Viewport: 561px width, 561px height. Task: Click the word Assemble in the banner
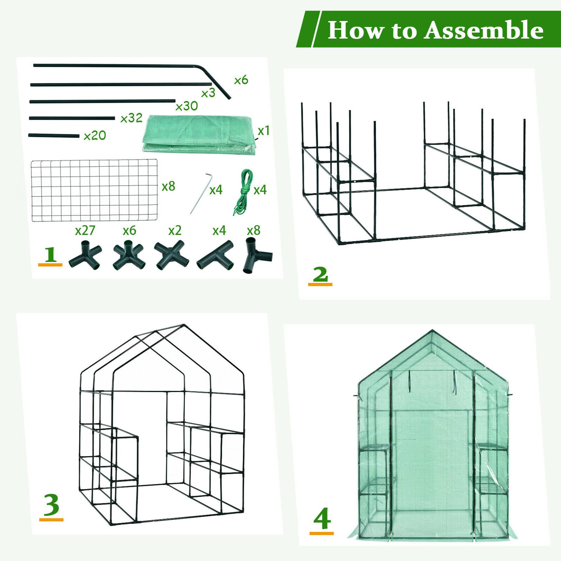(483, 31)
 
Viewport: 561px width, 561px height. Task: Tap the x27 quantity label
(85, 230)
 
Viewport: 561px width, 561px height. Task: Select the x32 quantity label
(131, 118)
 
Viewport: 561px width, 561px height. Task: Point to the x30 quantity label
(187, 106)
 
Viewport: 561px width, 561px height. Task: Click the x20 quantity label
(95, 135)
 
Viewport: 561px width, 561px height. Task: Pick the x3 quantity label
(208, 93)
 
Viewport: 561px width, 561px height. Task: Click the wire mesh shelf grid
(94, 190)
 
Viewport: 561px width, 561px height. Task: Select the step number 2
(320, 274)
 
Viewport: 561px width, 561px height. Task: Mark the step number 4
(322, 518)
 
